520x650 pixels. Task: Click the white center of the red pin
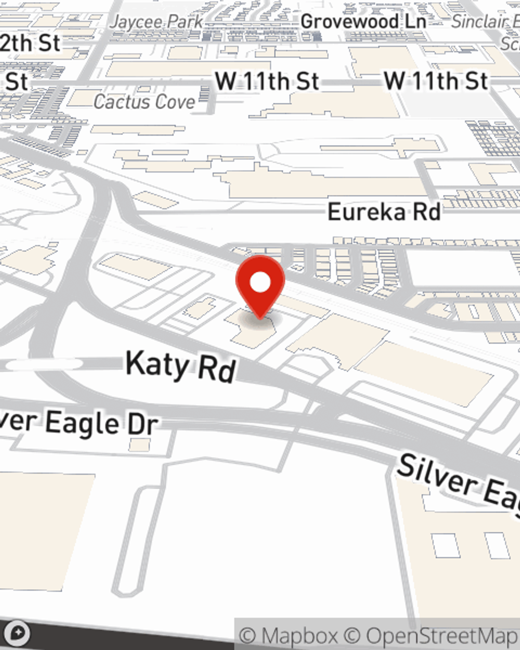[260, 283]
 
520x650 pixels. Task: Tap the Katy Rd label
[181, 366]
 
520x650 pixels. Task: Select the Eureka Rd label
[384, 212]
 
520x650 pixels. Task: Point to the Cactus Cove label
[144, 102]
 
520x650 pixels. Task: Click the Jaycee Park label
[157, 22]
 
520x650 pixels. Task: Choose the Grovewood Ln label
[363, 22]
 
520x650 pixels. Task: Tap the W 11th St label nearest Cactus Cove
[267, 82]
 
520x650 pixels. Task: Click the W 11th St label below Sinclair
[436, 81]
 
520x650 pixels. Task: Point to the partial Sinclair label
[485, 22]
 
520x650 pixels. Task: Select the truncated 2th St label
[30, 43]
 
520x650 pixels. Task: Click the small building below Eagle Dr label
[139, 445]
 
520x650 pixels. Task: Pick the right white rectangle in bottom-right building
[497, 545]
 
